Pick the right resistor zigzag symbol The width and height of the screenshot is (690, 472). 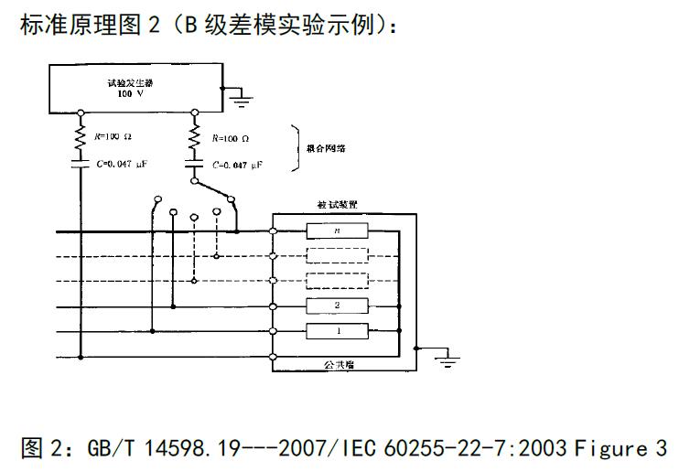click(194, 137)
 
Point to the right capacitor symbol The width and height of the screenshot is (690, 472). click(194, 165)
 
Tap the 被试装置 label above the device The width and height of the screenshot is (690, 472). click(335, 206)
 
